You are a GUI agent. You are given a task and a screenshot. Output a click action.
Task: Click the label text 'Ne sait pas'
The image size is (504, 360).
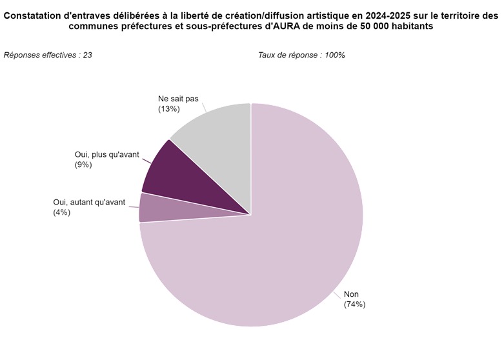[x=178, y=99]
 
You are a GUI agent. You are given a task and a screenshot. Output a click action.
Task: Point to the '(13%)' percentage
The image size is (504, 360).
[x=168, y=110]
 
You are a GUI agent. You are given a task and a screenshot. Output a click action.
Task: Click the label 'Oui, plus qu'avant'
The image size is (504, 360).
[x=106, y=154]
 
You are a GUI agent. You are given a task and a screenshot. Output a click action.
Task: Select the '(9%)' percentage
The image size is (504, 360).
[x=84, y=165]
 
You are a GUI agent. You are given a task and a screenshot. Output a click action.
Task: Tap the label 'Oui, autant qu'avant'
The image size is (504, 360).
[x=90, y=202]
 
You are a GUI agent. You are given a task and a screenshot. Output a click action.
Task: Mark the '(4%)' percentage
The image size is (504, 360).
[x=62, y=212]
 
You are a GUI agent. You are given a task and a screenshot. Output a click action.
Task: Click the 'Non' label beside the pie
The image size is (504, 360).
[x=352, y=294]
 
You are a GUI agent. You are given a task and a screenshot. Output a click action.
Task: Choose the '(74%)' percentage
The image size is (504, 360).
[x=355, y=305]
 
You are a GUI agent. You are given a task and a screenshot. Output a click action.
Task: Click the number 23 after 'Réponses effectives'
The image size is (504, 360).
[x=86, y=55]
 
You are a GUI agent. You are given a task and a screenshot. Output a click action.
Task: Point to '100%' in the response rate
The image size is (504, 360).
[x=334, y=55]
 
